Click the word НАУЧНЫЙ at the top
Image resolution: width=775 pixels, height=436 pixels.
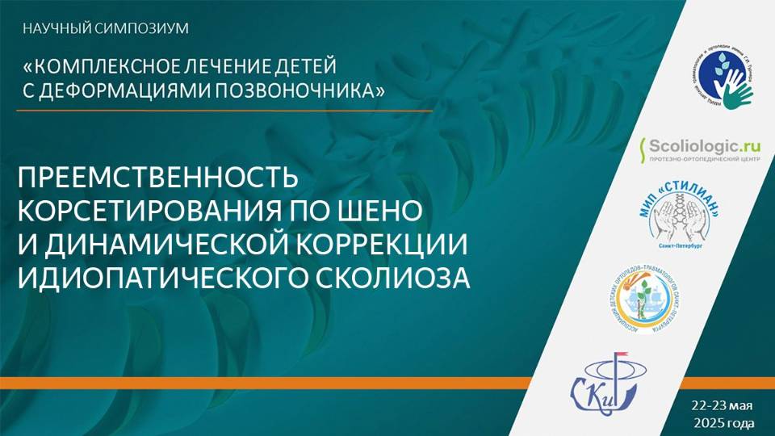52,29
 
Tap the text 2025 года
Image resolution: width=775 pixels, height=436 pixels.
724,422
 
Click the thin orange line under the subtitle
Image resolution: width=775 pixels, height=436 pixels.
226,109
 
